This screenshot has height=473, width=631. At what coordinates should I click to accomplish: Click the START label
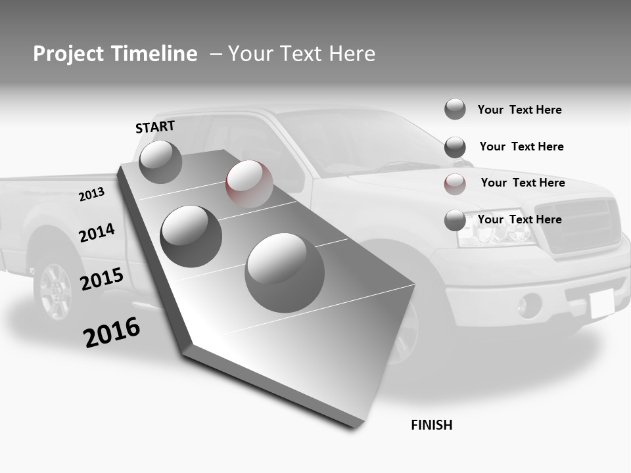tap(155, 127)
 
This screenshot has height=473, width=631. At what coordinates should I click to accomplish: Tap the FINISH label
tap(432, 425)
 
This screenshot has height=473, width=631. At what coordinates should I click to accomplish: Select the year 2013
tap(91, 194)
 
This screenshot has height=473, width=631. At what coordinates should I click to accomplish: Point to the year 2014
tap(97, 233)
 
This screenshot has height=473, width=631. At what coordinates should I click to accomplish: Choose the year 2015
tap(102, 279)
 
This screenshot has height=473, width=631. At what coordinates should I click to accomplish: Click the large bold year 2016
tap(112, 332)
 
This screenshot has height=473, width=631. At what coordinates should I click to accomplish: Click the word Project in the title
tap(68, 54)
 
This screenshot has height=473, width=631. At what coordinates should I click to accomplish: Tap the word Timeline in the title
tap(155, 54)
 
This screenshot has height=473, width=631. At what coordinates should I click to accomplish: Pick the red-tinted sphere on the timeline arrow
tap(249, 183)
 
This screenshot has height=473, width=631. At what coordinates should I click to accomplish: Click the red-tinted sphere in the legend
tap(455, 184)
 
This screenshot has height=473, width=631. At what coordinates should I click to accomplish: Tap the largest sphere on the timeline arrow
tap(285, 273)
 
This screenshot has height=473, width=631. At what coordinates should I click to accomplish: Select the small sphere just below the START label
tap(160, 162)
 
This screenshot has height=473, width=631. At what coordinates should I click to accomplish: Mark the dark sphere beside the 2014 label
tap(191, 236)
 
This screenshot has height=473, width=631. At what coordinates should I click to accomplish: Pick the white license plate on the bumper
tap(601, 304)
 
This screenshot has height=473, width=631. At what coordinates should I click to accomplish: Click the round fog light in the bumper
tap(528, 305)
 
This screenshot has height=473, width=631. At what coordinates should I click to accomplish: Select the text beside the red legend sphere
tap(523, 183)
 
